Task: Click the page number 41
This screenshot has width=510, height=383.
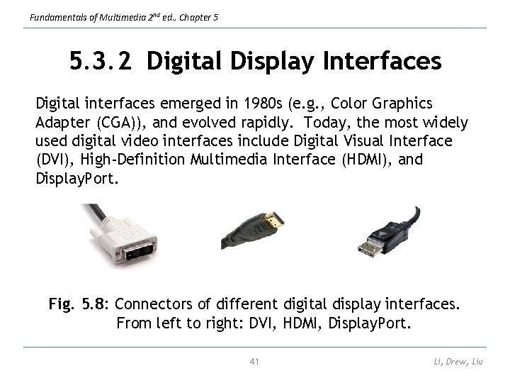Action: point(255,362)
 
